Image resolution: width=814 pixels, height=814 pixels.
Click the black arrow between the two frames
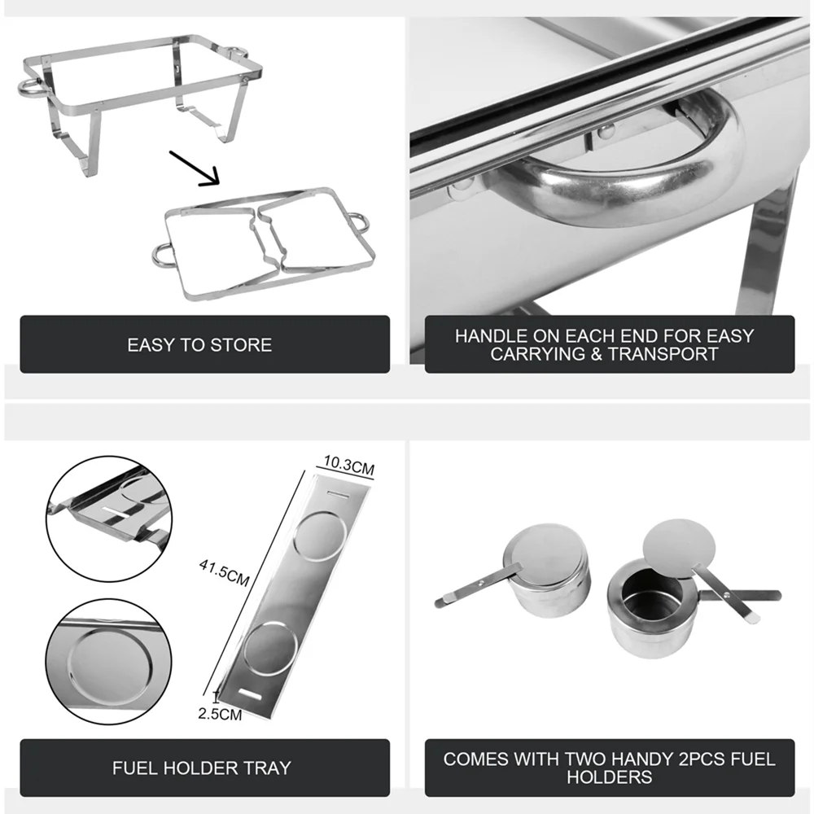(195, 168)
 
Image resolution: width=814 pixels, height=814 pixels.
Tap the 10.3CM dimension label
(349, 465)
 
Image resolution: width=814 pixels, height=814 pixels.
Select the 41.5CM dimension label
(225, 572)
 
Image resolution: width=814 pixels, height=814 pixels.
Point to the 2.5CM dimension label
(220, 715)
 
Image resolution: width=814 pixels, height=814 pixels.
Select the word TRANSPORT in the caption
(663, 354)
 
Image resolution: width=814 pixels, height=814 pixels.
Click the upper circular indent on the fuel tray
(320, 535)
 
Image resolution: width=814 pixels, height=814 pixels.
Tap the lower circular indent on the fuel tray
(270, 649)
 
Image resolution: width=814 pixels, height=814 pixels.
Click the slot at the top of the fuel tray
(339, 494)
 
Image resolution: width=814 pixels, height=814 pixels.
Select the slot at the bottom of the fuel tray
(249, 694)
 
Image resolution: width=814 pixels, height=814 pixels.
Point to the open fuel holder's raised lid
(679, 549)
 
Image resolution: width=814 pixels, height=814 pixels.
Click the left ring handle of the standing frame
(30, 88)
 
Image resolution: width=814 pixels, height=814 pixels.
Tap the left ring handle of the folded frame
(162, 256)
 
